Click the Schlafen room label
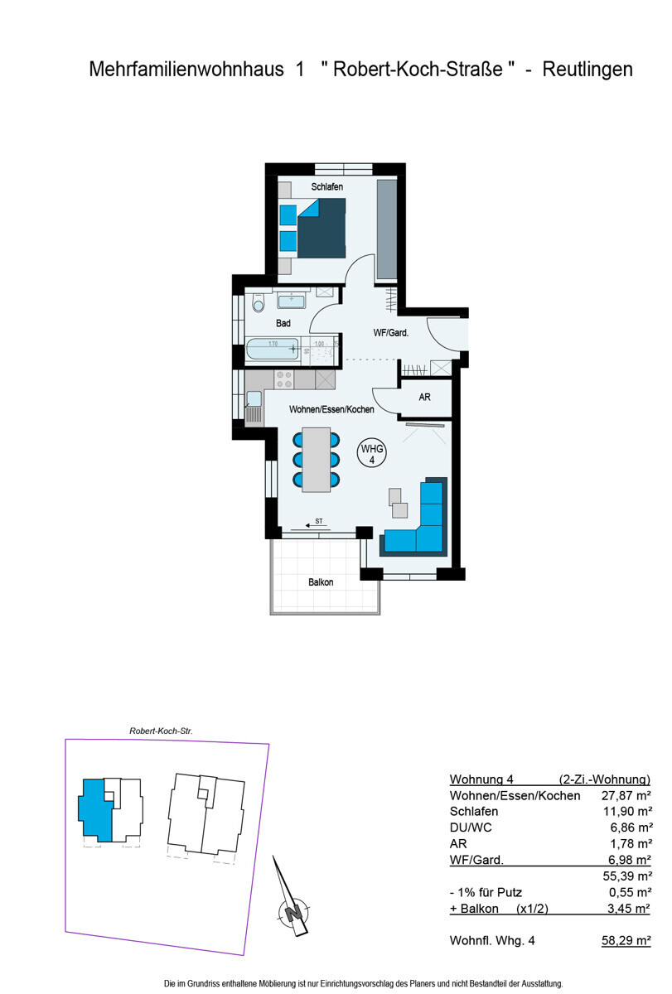(327, 188)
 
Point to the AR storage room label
(424, 398)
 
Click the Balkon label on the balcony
(321, 582)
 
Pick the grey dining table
(316, 459)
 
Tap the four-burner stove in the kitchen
(283, 379)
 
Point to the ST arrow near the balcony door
(315, 523)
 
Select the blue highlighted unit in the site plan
(93, 809)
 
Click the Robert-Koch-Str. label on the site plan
(161, 731)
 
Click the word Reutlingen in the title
(587, 70)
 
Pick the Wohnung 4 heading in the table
(482, 779)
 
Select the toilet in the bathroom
(258, 304)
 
